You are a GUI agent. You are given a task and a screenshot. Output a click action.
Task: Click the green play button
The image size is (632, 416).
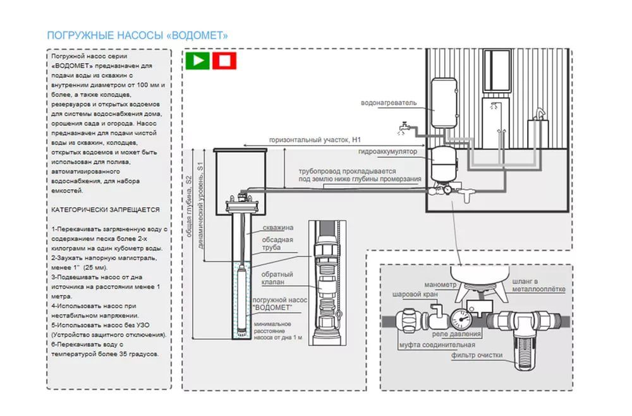pos(197,61)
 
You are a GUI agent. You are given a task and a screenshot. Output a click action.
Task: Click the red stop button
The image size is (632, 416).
pos(224,61)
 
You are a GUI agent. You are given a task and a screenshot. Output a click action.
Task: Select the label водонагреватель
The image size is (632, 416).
pos(389,102)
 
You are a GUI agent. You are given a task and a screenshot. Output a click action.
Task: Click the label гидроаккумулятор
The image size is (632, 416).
pos(387,153)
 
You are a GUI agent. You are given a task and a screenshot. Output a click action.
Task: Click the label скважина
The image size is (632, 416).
pos(277,227)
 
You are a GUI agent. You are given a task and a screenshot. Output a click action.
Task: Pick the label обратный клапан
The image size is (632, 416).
pos(277,278)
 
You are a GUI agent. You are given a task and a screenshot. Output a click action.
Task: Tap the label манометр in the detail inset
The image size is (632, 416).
pos(441,285)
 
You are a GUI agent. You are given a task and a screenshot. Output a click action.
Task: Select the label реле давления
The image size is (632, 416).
pos(457,334)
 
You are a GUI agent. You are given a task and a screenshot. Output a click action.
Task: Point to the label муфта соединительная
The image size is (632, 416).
pos(437,345)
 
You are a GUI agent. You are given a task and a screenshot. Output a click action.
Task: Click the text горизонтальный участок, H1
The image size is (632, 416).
pos(314,140)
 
